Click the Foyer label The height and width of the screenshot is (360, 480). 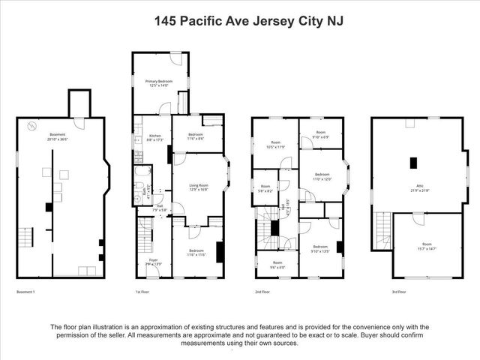(x=153, y=262)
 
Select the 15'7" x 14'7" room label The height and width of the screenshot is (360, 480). (x=426, y=246)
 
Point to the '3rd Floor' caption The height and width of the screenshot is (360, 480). (x=399, y=291)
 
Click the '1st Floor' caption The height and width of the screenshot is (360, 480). (x=143, y=291)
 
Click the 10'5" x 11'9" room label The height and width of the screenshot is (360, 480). (x=275, y=145)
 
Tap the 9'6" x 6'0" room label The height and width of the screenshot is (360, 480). (x=274, y=264)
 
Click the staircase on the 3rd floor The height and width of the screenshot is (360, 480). (x=383, y=226)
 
